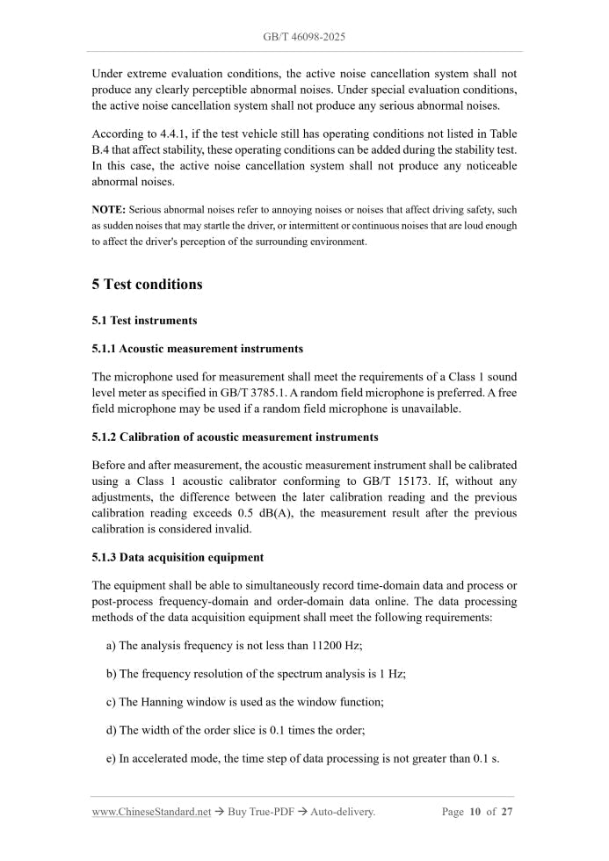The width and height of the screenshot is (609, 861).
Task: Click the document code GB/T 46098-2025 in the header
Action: coord(304,38)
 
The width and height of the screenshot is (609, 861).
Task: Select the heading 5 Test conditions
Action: coord(147,285)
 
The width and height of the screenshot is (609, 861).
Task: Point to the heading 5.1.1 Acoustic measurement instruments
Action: coord(197,349)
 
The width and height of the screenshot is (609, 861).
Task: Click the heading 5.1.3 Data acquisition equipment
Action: coord(178,557)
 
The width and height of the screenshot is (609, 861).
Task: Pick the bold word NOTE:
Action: coord(108,210)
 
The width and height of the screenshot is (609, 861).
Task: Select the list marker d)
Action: coord(111,730)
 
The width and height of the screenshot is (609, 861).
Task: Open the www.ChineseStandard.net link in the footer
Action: coord(151,812)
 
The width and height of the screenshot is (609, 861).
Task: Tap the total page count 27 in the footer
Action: coord(507,812)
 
